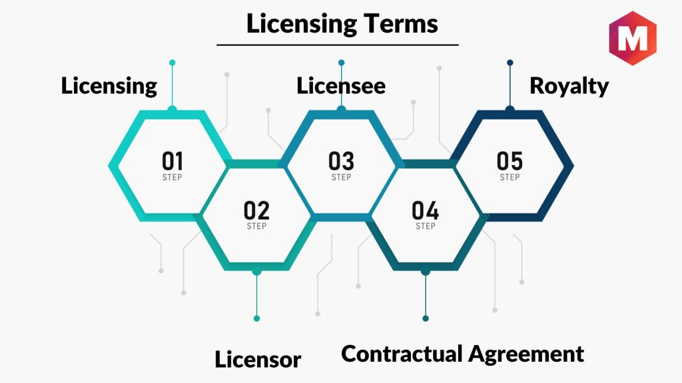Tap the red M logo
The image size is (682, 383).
(x=632, y=39)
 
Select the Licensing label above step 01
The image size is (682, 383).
(x=109, y=86)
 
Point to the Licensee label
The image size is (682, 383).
(x=341, y=86)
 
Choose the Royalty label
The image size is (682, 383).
(x=569, y=86)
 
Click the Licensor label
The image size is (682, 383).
(x=258, y=360)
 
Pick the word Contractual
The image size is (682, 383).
(x=402, y=353)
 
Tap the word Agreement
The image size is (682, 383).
(x=525, y=354)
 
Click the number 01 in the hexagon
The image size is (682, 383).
(x=172, y=162)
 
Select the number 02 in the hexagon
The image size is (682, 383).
(x=256, y=211)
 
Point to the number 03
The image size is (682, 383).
(x=341, y=162)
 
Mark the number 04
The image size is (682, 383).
(x=426, y=211)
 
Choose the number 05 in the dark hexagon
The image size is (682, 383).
(x=510, y=162)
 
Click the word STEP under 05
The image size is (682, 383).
(x=510, y=178)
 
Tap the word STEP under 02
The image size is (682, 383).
(x=256, y=227)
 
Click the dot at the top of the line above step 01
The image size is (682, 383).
(x=172, y=63)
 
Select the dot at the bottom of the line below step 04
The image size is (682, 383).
(x=426, y=319)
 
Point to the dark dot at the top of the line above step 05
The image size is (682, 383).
(x=510, y=63)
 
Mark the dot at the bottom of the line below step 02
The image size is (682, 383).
(x=256, y=319)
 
